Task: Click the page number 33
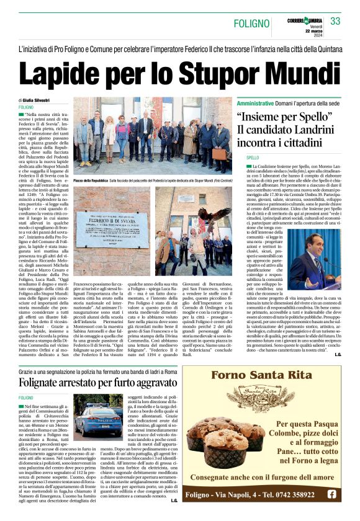336,22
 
